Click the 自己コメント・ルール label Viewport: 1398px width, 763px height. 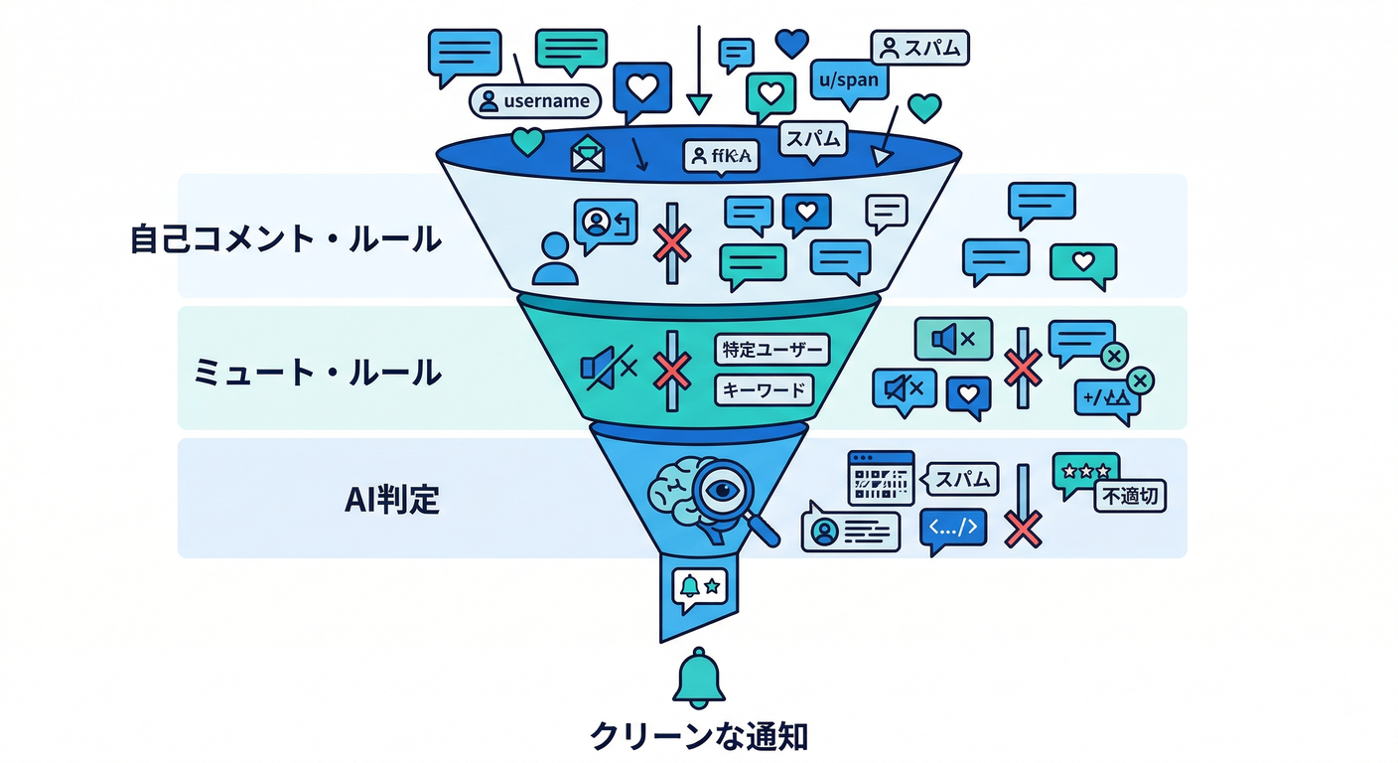286,239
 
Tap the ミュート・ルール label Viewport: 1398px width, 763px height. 317,373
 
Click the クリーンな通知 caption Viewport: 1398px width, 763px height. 699,736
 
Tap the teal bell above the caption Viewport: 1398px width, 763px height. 699,681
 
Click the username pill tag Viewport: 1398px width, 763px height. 535,100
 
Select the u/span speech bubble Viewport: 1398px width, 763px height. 844,80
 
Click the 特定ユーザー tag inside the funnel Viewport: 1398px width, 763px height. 771,350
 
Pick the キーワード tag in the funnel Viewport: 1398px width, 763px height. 764,389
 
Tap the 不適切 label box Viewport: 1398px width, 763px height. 1130,496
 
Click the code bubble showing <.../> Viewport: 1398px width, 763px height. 953,529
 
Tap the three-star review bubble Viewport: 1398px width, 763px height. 1085,471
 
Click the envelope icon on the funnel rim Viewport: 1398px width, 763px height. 587,155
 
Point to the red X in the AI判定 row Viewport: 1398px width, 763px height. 1022,530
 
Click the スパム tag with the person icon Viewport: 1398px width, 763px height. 919,47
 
